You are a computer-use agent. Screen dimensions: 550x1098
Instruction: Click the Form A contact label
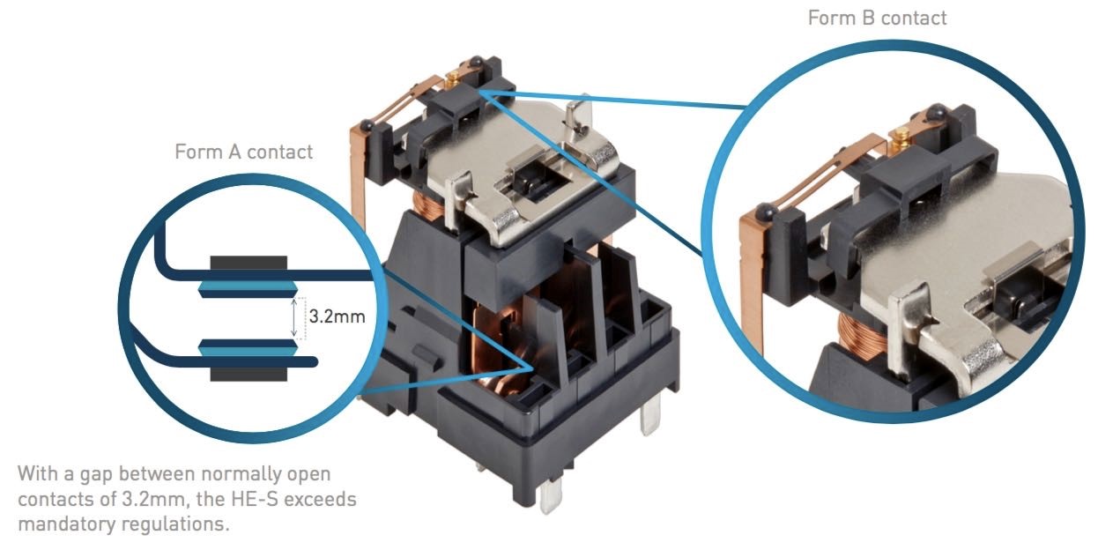(243, 152)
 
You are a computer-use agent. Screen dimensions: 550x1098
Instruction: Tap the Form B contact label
(877, 18)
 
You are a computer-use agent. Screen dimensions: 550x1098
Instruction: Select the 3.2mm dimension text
(336, 315)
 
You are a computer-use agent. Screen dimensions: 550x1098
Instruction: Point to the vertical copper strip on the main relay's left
(360, 176)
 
